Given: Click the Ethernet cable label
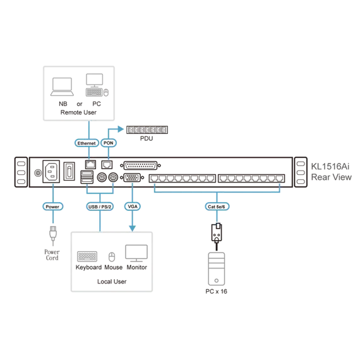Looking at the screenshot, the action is click(x=87, y=143).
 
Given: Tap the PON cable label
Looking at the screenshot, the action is click(x=109, y=143).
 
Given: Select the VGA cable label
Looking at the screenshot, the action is click(x=133, y=207).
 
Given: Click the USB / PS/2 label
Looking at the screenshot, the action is click(x=100, y=207).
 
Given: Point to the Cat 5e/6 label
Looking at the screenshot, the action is click(x=217, y=207).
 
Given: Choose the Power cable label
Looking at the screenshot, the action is click(x=52, y=207).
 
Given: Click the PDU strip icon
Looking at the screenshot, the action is click(x=147, y=130).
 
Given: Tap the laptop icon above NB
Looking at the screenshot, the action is click(x=63, y=87).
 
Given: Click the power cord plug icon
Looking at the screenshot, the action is click(x=53, y=236).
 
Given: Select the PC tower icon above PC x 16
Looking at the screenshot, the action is click(x=216, y=269).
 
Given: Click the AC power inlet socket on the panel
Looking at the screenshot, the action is click(x=51, y=172).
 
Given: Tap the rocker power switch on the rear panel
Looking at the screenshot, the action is click(x=69, y=171).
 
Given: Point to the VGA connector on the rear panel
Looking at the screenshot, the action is click(x=132, y=177).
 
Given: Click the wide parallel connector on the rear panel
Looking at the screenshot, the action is click(x=140, y=165).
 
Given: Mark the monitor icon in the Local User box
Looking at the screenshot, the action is click(x=136, y=253).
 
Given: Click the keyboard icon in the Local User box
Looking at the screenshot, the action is click(x=87, y=256).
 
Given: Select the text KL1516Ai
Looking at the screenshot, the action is click(x=330, y=167).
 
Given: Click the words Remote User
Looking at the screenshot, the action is click(x=78, y=112).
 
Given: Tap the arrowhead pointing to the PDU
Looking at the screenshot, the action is click(x=121, y=129).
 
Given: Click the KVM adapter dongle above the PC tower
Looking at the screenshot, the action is click(x=217, y=232).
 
